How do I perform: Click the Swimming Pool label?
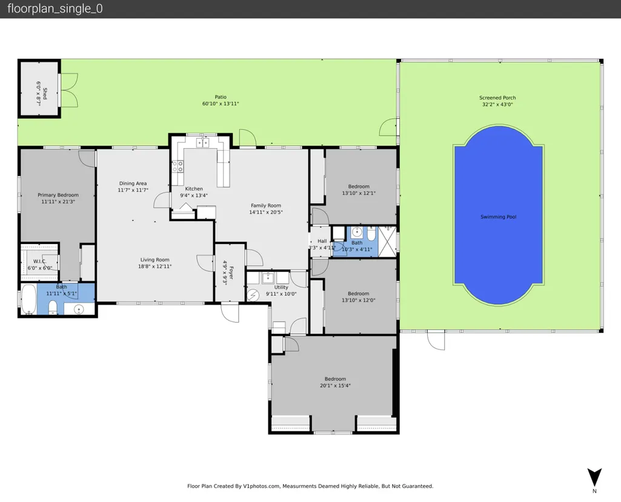498,217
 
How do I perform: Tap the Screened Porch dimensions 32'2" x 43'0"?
497,105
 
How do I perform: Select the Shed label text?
45,94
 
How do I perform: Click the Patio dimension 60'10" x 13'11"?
221,104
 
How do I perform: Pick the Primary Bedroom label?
58,195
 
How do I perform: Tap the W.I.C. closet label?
39,261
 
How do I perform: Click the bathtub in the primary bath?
28,299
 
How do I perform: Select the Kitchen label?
194,189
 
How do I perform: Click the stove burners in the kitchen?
178,167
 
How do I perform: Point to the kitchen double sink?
203,142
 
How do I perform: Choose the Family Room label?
266,205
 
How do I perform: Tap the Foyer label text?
231,272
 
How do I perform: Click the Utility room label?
281,288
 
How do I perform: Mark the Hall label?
322,241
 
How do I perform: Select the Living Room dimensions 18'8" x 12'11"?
155,266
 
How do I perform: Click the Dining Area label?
133,183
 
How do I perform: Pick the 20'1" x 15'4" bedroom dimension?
336,386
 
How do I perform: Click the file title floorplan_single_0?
55,8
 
